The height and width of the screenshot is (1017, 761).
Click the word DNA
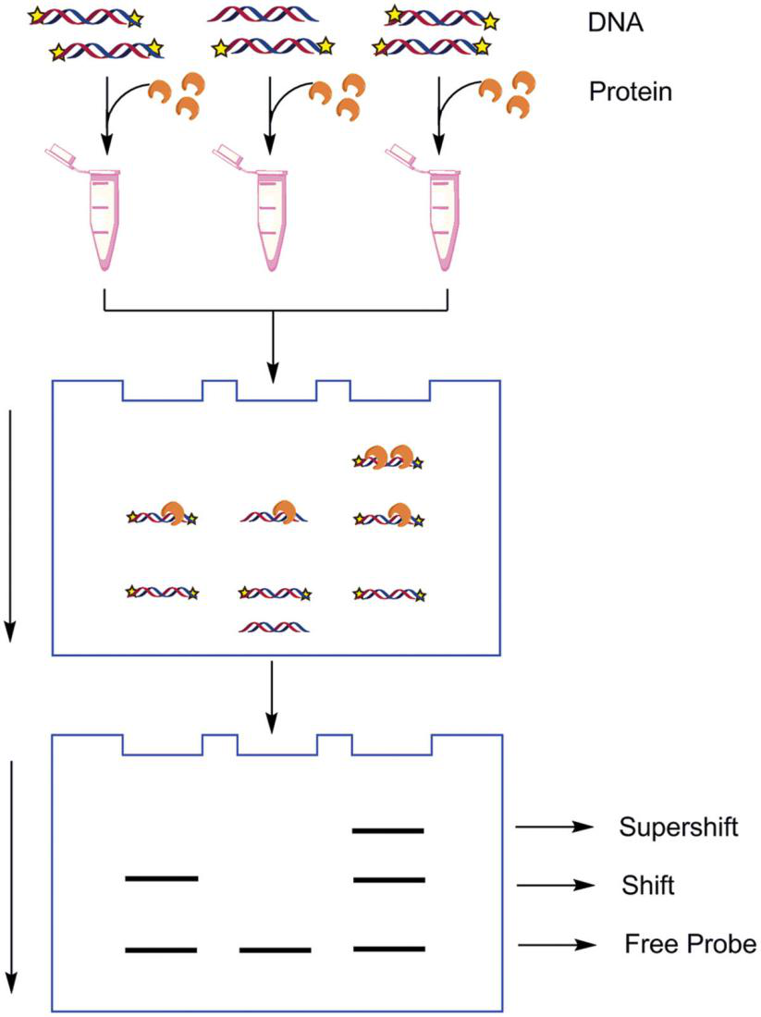pos(615,23)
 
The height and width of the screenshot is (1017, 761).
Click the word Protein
pos(630,92)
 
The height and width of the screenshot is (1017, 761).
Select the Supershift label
pos(678,827)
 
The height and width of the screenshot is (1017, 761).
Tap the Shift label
pos(648,886)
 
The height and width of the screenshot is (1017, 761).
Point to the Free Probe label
pos(691,944)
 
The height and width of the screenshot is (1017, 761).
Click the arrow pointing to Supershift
pos(555,827)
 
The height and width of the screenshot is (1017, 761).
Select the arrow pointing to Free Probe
pos(558,944)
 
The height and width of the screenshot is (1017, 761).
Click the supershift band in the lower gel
pos(388,830)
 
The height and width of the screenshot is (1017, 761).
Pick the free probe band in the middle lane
pos(275,950)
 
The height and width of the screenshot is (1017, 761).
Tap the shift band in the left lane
pos(162,878)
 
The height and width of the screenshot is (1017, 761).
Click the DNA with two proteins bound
pos(388,458)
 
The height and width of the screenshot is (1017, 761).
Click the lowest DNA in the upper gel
pos(274,627)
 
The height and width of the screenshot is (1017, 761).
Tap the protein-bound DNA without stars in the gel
pos(274,512)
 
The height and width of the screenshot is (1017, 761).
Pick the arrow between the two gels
pos(272,697)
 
